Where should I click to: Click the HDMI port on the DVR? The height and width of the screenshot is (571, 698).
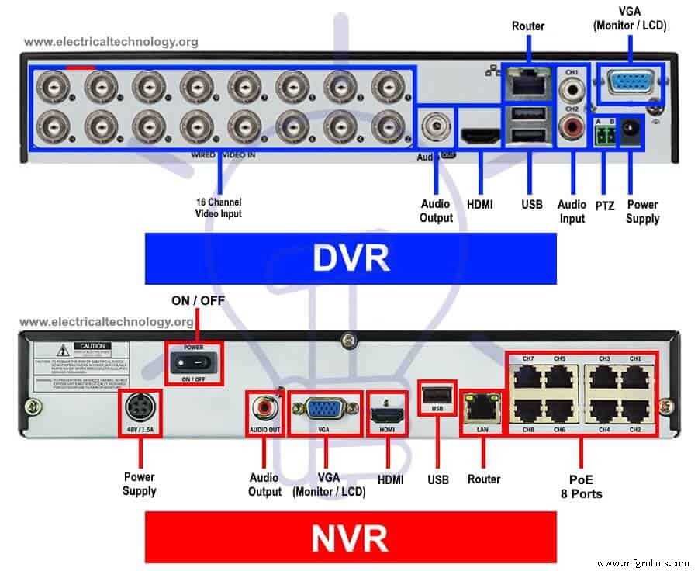(482, 136)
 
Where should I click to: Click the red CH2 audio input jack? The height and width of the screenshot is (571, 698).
(573, 125)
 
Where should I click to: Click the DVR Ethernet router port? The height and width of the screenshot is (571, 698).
(527, 82)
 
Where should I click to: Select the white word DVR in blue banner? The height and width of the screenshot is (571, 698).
(351, 258)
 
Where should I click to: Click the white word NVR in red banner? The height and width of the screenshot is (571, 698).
(351, 538)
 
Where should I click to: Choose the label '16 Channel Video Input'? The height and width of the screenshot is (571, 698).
(219, 208)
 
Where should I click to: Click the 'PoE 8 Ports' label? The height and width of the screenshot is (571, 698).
(582, 486)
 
